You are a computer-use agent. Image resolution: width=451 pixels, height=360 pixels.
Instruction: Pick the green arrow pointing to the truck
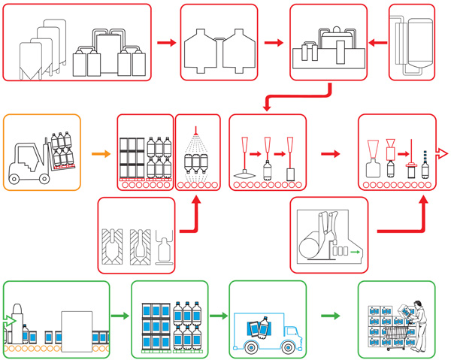[218, 316]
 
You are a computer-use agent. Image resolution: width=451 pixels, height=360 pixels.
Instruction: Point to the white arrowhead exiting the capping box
[443, 154]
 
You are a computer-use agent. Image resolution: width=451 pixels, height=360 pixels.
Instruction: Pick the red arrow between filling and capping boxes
[329, 154]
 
